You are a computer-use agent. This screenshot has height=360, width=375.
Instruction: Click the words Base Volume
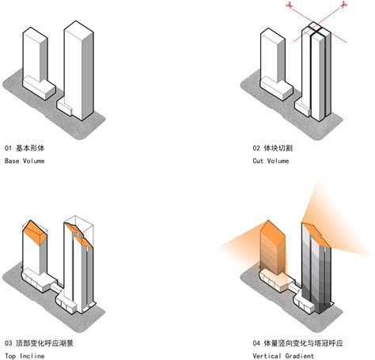click(25, 161)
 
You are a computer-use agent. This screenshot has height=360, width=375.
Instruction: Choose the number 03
click(9, 343)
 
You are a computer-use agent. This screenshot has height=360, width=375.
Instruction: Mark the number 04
click(257, 343)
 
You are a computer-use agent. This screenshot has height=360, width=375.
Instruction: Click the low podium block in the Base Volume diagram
click(38, 84)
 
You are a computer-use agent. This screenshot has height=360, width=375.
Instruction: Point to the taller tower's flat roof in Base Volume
click(79, 26)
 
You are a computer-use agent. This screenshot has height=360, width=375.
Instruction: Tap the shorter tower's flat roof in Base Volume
click(36, 33)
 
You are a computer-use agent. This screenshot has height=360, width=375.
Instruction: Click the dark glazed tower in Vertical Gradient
click(316, 269)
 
